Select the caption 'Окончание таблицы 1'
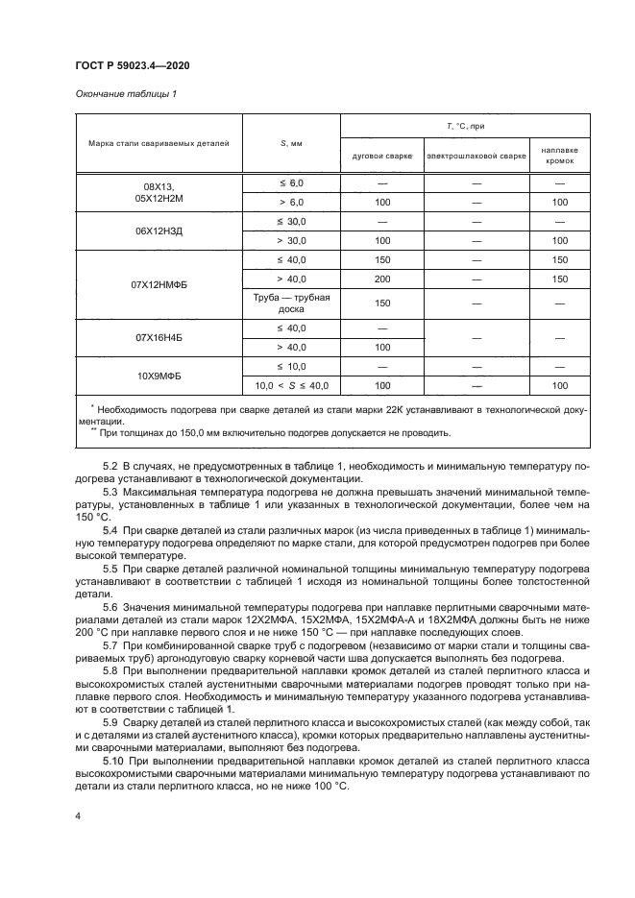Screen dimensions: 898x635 [125, 93]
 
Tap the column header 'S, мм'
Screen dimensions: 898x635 [291, 143]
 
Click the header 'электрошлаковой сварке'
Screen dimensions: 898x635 [476, 156]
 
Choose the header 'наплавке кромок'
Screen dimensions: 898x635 [559, 156]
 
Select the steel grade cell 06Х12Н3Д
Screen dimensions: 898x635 [159, 231]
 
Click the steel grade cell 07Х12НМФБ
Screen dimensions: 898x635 [159, 285]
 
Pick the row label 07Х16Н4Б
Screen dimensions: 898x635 [159, 338]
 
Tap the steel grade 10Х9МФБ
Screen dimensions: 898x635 [159, 376]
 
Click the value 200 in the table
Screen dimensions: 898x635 [381, 278]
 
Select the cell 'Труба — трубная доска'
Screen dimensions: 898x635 [291, 303]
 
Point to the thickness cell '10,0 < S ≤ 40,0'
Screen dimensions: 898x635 [291, 385]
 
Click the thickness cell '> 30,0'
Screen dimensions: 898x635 [291, 240]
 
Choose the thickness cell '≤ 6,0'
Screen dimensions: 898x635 [291, 182]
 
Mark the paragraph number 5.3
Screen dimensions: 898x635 [110, 493]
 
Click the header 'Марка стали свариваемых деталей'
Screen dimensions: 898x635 [159, 143]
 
